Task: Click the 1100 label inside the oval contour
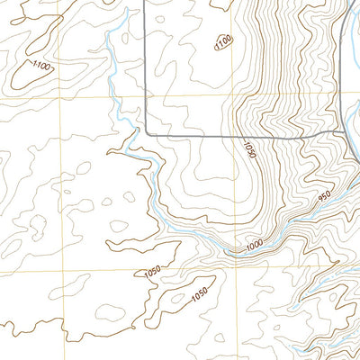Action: (223, 40)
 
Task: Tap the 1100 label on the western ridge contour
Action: (40, 65)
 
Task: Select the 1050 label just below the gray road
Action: (249, 148)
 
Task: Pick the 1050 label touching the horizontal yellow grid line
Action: (151, 273)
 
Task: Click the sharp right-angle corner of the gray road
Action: (146, 134)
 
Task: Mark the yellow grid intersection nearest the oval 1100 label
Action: (237, 93)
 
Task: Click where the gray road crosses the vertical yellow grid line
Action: (237, 135)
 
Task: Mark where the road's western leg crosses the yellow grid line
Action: (145, 93)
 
